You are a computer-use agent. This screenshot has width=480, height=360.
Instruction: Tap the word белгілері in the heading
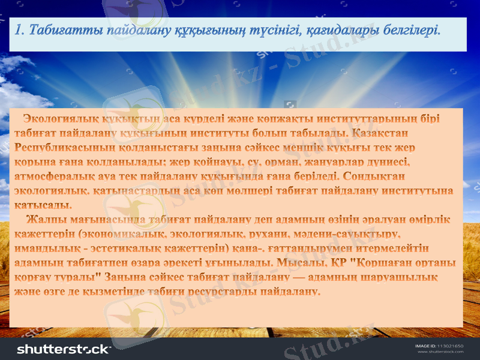pyautogui.click(x=410, y=29)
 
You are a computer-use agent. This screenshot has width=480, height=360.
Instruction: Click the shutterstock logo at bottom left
pyautogui.click(x=64, y=349)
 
